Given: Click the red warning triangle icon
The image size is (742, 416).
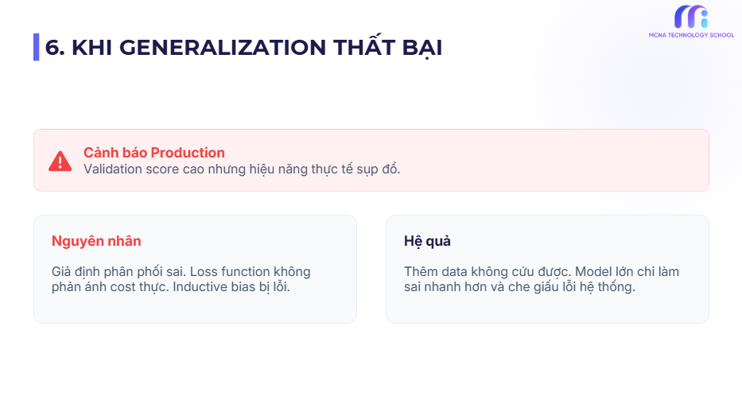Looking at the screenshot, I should [x=60, y=161].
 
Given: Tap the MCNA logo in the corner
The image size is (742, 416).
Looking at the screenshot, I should [x=691, y=17].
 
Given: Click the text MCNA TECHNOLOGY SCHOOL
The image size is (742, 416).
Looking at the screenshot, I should [x=691, y=35].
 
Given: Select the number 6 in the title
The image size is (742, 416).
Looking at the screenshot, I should [x=52, y=48].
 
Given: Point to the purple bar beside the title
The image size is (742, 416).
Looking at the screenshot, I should [x=36, y=48].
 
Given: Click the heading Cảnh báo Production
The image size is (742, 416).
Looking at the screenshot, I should [x=153, y=153].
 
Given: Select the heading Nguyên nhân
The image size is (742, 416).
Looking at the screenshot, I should [x=96, y=241].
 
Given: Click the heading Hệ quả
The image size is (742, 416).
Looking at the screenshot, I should [x=427, y=241].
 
